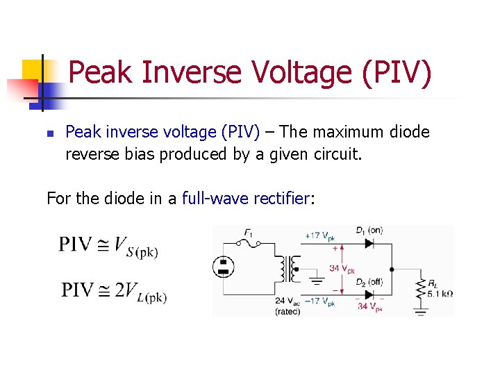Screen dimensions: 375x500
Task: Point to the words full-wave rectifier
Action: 245,199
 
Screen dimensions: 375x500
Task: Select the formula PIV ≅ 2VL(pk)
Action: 114,291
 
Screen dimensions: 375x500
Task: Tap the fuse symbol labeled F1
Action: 249,242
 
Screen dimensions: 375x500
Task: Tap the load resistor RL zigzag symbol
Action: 419,287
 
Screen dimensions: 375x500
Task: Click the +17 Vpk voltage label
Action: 319,236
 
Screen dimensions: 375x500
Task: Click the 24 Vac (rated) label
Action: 287,306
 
